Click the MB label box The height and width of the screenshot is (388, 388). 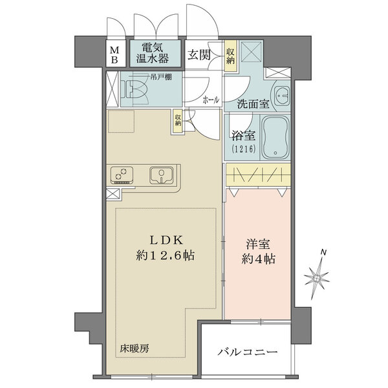click(114, 54)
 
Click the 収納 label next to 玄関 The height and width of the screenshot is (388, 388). click(231, 54)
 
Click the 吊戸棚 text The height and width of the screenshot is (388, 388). click(159, 78)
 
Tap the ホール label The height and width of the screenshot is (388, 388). click(210, 100)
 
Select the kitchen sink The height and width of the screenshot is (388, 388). click(160, 174)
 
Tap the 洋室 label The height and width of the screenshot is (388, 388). click(257, 246)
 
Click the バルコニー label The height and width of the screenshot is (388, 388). click(248, 353)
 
